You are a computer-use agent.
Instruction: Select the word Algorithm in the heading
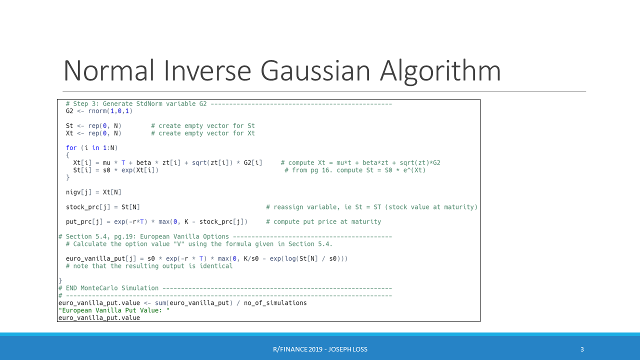[440, 70]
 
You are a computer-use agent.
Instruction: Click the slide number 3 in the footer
[582, 349]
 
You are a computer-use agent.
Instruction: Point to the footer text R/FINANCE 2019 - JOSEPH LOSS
[320, 349]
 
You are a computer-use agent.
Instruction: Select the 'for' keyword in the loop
[71, 148]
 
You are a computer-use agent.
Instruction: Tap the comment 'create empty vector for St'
[206, 126]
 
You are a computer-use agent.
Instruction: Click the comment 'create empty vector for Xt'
[206, 133]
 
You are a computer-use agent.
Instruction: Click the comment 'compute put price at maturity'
[323, 222]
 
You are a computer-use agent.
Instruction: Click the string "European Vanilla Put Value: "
[114, 310]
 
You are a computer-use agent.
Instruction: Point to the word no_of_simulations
[275, 303]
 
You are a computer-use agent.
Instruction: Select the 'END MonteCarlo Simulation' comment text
[112, 288]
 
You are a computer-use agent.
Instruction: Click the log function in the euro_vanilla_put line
[292, 259]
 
